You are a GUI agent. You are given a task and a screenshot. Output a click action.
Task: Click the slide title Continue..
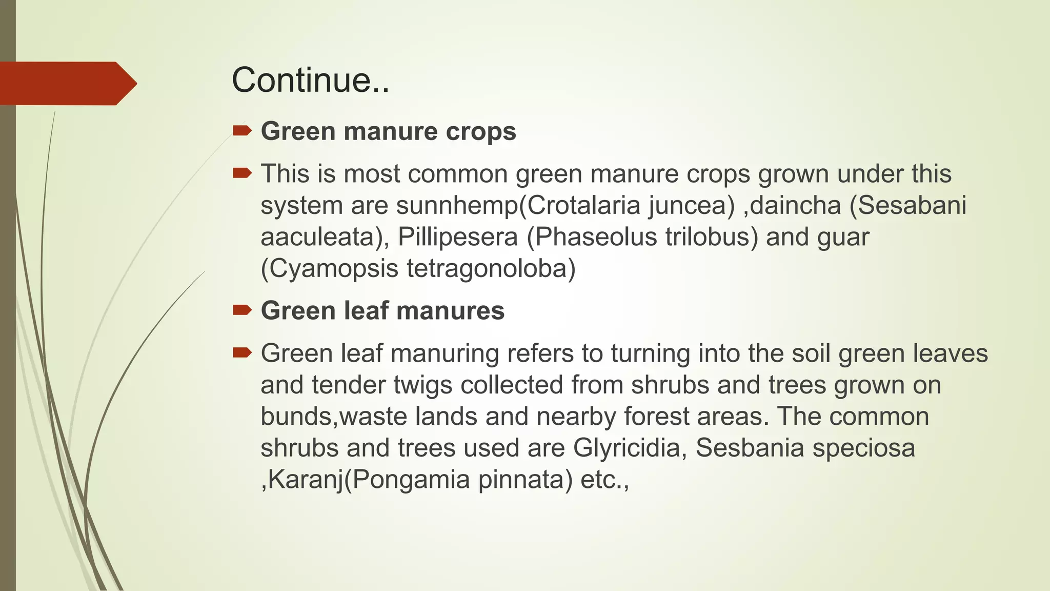[x=310, y=81]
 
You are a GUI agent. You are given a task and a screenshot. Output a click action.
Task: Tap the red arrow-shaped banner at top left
[x=67, y=83]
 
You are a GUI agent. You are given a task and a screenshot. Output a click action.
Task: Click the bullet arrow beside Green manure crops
[x=242, y=130]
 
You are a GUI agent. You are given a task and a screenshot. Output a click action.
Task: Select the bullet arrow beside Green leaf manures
[x=242, y=310]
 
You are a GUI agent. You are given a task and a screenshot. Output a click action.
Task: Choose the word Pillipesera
[x=458, y=237]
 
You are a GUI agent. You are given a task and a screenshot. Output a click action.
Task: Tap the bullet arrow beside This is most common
[x=242, y=173]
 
